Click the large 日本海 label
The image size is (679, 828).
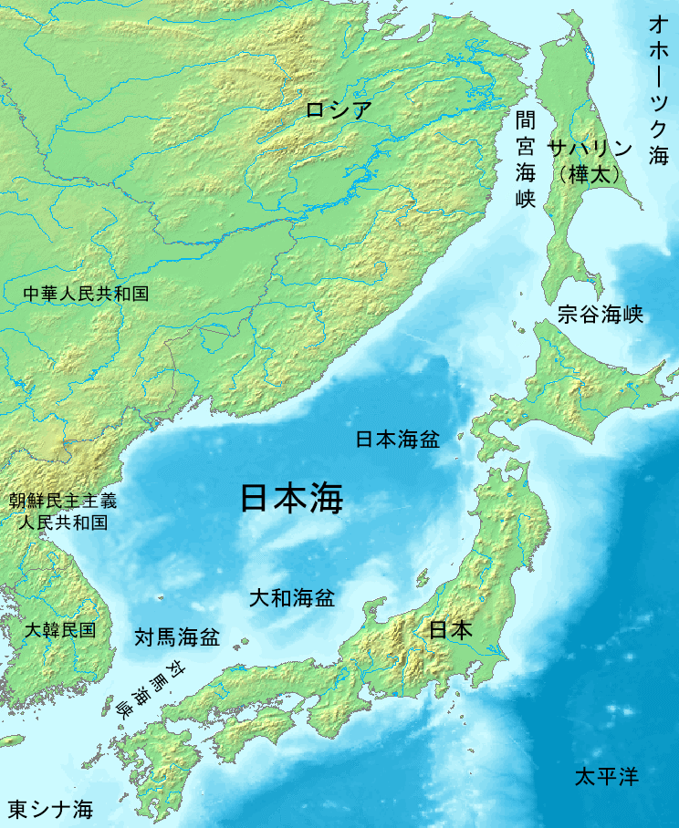click(291, 499)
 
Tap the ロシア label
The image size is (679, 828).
click(339, 110)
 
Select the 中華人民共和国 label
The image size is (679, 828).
click(87, 293)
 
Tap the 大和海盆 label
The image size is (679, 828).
click(292, 599)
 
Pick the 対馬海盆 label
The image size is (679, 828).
click(177, 637)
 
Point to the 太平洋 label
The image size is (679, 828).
click(606, 777)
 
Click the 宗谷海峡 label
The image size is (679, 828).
click(601, 316)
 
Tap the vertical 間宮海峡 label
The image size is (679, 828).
click(524, 160)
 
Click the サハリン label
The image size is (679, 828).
click(590, 148)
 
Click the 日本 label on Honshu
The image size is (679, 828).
click(451, 629)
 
